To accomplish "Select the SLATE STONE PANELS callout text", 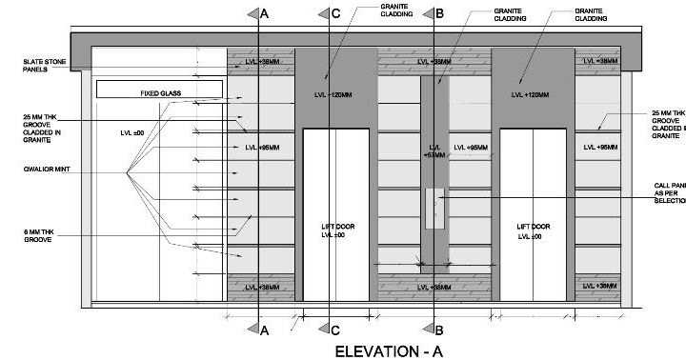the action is point(44,65).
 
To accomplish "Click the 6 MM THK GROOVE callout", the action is point(44,234).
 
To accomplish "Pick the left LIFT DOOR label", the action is point(335,230).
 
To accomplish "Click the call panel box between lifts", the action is point(434,209).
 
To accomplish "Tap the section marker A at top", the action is point(259,13).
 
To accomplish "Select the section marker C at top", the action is point(330,13).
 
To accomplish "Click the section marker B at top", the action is point(434,13).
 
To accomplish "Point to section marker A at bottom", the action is point(259,330).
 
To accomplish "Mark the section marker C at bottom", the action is point(330,330).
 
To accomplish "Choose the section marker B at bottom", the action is point(434,330).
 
